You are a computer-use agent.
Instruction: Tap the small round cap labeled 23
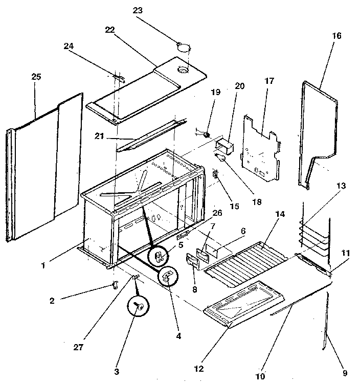tap(183, 47)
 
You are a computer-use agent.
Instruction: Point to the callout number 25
tap(36, 77)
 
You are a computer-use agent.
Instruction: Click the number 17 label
tap(269, 81)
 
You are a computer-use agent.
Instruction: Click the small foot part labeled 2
tap(114, 284)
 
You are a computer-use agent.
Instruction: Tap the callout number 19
tap(215, 93)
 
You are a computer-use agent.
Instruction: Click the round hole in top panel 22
tap(182, 69)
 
